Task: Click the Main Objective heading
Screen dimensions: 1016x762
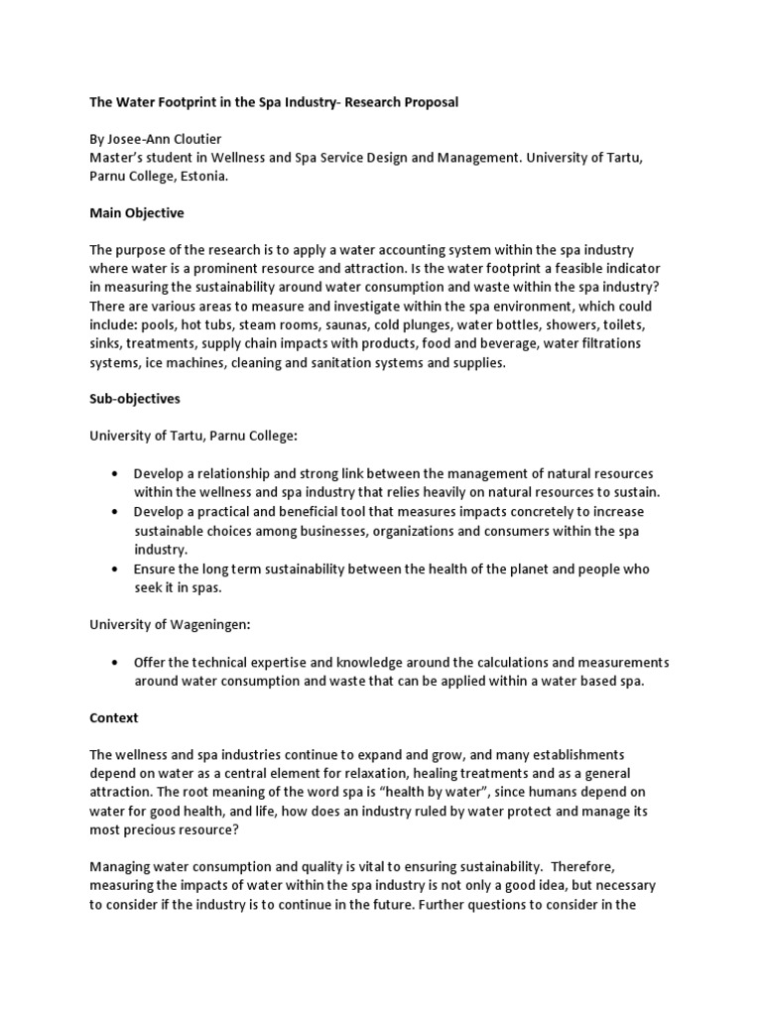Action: tap(137, 212)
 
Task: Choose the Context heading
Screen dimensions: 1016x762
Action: tap(114, 716)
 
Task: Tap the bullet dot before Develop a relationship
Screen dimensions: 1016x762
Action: tap(117, 474)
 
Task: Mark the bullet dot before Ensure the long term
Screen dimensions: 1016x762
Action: tap(117, 569)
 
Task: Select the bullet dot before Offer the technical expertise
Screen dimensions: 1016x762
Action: tap(117, 662)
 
